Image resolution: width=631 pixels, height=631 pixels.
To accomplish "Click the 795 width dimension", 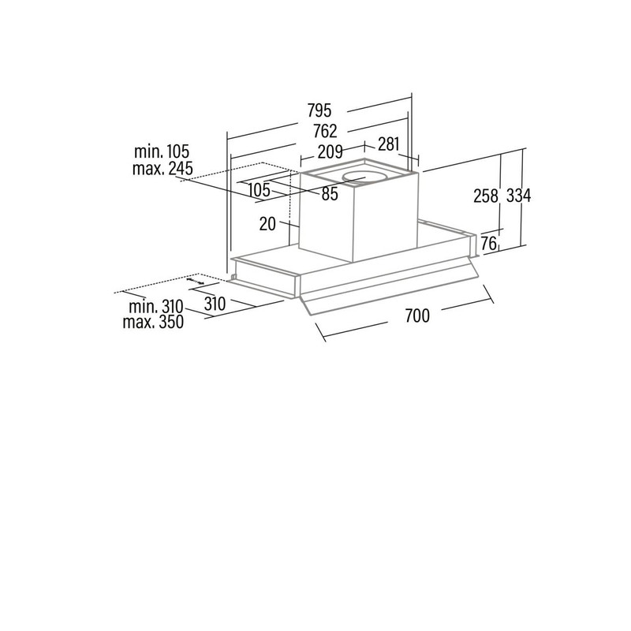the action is tap(319, 110).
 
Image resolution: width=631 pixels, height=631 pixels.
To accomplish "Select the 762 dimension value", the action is tap(325, 131).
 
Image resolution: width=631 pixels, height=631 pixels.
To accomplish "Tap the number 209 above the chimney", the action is tap(330, 152).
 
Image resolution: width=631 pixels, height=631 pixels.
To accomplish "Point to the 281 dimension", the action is tap(388, 144).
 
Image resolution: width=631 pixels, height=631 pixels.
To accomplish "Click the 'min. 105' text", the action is tap(162, 151).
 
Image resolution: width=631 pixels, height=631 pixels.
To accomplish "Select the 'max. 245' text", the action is tap(162, 168).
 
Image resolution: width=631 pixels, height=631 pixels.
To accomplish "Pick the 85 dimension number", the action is tap(330, 194).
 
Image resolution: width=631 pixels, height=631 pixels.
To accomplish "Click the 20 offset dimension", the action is tap(267, 224).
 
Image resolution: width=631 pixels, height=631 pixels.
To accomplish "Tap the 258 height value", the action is tap(486, 196).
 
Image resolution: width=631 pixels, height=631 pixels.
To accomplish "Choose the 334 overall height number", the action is tap(518, 196).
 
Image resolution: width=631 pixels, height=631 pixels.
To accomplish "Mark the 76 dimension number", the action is tap(488, 244).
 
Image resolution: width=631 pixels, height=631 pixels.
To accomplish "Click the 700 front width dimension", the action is tap(417, 315).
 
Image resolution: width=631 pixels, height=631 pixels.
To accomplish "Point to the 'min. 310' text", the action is tap(155, 307).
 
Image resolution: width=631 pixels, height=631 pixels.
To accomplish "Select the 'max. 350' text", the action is tap(153, 322).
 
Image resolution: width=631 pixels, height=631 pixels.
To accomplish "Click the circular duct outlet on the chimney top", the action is tap(364, 177).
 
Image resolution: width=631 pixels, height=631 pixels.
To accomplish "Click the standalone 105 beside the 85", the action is tap(259, 190).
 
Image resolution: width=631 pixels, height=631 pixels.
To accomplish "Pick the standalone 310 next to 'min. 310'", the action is tap(215, 304).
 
